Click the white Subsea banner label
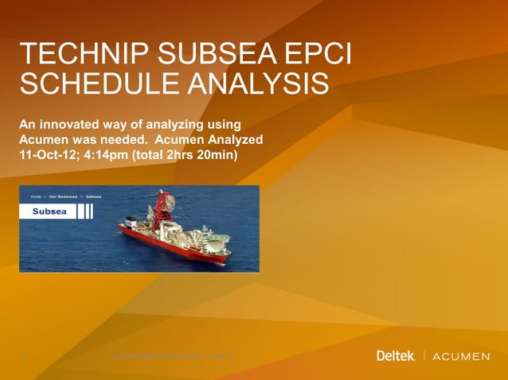(x=49, y=211)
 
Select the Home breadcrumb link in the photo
(x=36, y=196)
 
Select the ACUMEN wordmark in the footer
(x=462, y=356)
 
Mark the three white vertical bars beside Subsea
(x=87, y=211)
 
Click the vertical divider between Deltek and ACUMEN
(x=424, y=355)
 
